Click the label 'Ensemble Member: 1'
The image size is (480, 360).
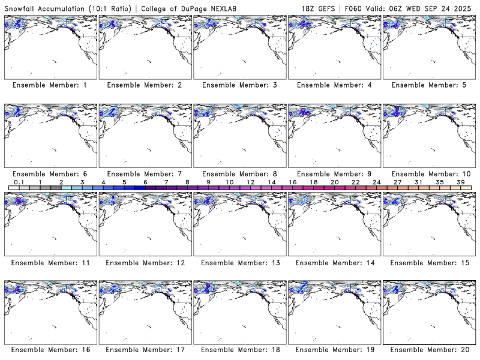click(50, 85)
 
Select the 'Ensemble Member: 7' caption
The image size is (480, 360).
click(145, 174)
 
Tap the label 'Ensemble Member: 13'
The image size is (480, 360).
click(239, 263)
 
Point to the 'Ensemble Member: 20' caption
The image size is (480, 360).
click(428, 349)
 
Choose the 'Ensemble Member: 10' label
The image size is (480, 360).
click(428, 174)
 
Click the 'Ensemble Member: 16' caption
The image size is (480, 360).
click(50, 349)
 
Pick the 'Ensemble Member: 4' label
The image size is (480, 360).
click(334, 85)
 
